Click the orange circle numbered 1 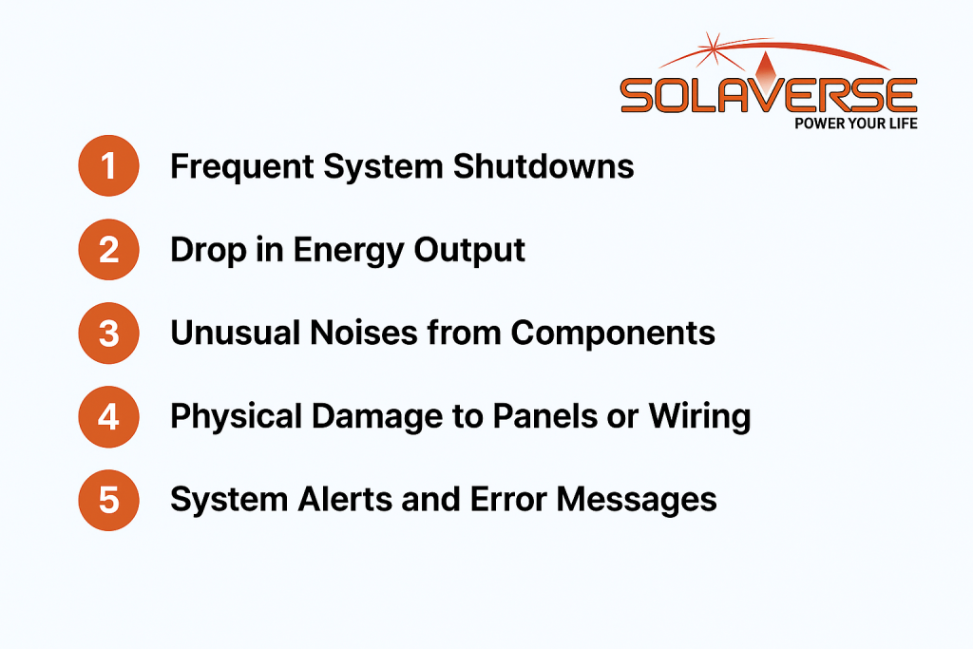point(108,165)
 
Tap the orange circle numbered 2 point(108,249)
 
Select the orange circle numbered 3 point(108,334)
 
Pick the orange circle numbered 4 point(108,416)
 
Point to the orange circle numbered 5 point(108,500)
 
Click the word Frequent point(242,167)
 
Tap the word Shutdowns point(544,166)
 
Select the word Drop point(208,251)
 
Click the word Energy point(348,251)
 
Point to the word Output point(469,251)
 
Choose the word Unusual point(235,333)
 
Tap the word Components point(613,334)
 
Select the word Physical point(236,417)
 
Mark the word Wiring point(700,417)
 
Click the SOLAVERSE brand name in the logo point(769,94)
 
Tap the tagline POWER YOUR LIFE point(856,124)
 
